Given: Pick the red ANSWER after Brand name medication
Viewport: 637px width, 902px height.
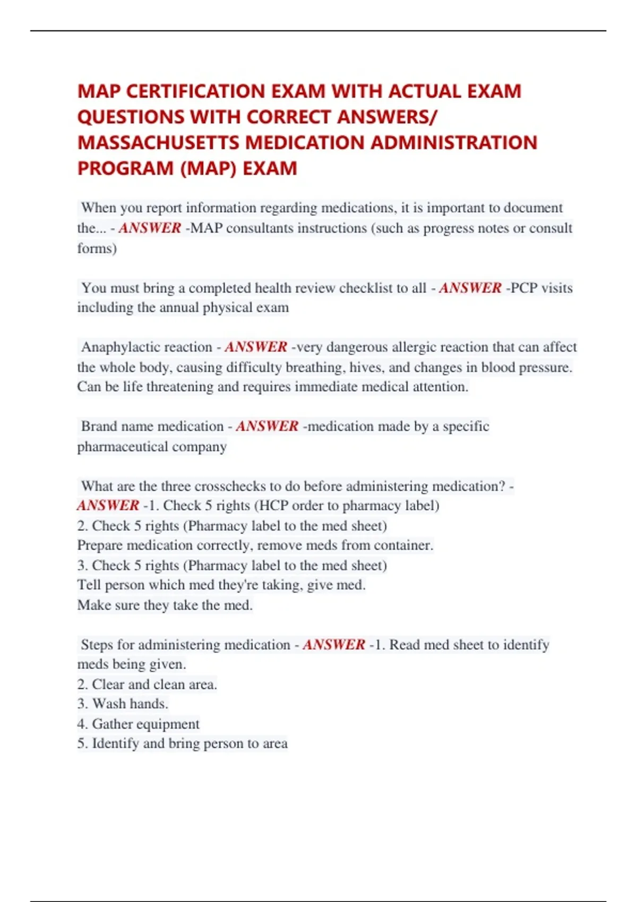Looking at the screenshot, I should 267,427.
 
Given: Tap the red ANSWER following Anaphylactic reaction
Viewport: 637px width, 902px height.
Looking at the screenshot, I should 256,347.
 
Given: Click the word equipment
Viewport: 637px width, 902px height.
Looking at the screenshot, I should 168,724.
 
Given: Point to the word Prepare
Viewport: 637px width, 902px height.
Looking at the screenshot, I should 100,545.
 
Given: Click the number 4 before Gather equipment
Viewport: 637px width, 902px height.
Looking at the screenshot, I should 82,724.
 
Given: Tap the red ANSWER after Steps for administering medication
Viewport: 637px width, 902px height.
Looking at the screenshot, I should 334,645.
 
